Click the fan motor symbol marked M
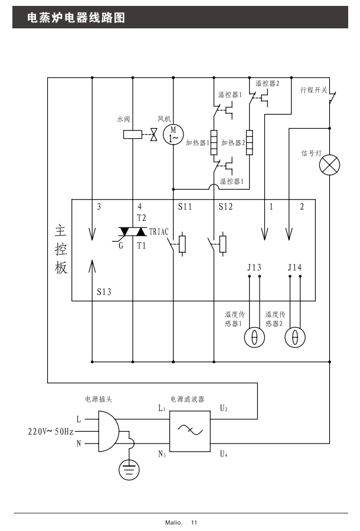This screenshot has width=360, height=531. point(173,134)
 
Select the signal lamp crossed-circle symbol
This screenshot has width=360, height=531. point(329,164)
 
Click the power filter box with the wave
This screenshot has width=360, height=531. point(190,431)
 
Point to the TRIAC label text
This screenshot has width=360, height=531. point(159,232)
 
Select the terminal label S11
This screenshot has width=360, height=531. point(185,207)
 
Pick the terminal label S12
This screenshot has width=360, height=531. point(225,207)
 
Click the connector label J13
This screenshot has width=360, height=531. point(254,268)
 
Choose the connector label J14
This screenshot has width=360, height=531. point(295,268)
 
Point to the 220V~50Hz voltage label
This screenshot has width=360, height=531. point(51,432)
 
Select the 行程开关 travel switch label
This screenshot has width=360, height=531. point(313,90)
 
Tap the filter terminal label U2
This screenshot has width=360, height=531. point(224,408)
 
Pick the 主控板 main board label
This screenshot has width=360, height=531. point(61,248)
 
